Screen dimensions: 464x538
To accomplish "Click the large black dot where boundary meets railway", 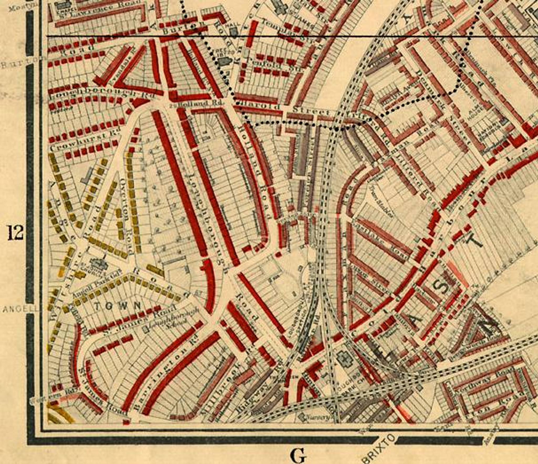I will (x=337, y=129).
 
